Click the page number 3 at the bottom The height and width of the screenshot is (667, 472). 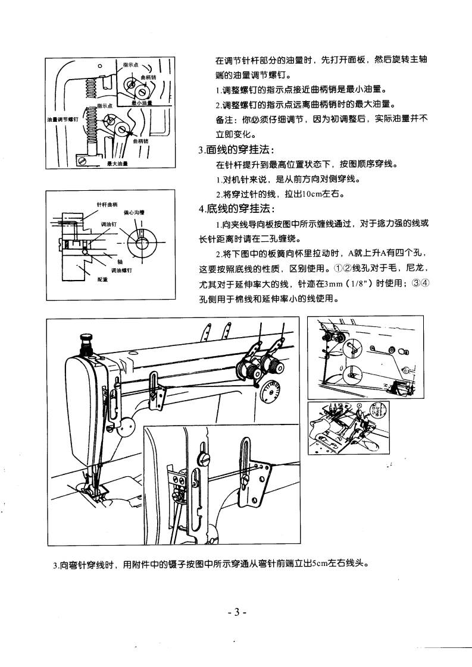[x=236, y=612]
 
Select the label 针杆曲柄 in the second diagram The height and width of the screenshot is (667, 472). [x=105, y=204]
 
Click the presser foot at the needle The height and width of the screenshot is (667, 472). [x=94, y=489]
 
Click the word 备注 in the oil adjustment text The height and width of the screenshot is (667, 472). [x=224, y=119]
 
